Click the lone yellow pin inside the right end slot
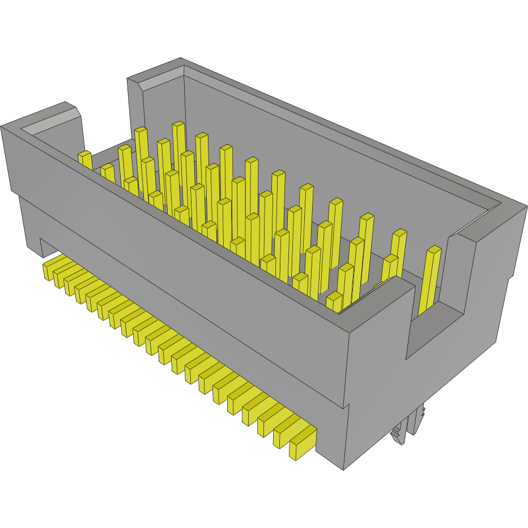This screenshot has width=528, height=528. [x=430, y=280]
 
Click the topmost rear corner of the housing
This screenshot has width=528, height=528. [x=180, y=58]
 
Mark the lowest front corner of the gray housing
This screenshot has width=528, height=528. [x=343, y=469]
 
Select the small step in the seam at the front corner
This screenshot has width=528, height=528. [x=346, y=406]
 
